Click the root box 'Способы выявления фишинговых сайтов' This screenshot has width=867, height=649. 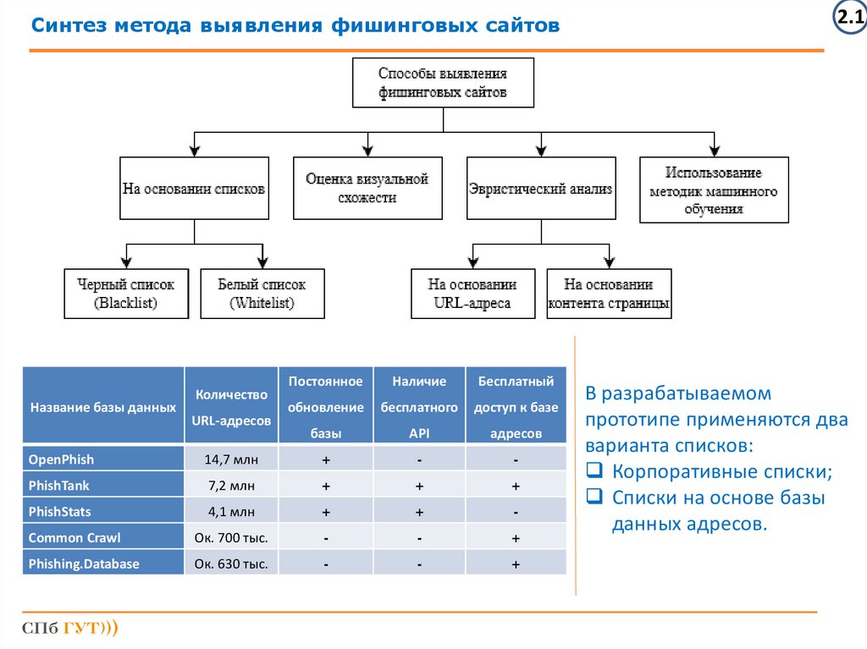click(x=443, y=82)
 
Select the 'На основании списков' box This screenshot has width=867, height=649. click(x=194, y=189)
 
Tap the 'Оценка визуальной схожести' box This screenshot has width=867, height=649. click(x=367, y=189)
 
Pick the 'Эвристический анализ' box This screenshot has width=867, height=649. click(x=540, y=189)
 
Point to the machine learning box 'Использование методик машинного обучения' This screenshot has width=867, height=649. click(x=713, y=190)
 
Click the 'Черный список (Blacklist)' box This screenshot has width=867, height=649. click(x=126, y=294)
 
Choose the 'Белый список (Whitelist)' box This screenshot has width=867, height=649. click(x=262, y=294)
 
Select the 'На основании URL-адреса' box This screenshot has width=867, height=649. click(x=472, y=294)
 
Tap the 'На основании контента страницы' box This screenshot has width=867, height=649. click(x=609, y=294)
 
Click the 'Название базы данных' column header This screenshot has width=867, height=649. click(x=103, y=407)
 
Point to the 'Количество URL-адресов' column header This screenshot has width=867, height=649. click(x=231, y=407)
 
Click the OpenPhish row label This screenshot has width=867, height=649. click(x=61, y=459)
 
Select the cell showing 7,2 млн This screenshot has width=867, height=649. click(x=230, y=486)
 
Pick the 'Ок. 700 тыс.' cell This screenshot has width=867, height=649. click(x=230, y=538)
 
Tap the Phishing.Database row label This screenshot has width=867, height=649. click(x=84, y=564)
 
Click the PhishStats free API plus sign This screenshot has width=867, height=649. click(x=419, y=512)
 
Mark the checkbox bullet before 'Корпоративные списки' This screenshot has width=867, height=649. click(x=594, y=472)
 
